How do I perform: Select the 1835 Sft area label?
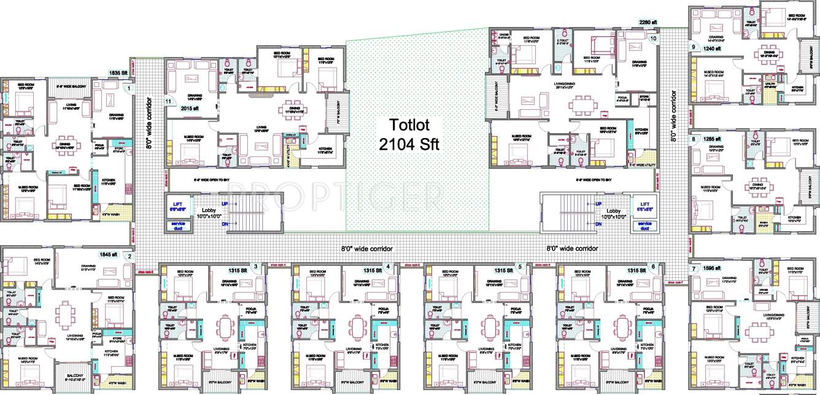(x=118, y=73)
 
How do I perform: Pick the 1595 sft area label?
(x=714, y=269)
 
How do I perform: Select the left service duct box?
(x=179, y=226)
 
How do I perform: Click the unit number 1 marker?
(x=129, y=89)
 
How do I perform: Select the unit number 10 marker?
(x=652, y=38)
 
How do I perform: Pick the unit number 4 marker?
(x=387, y=266)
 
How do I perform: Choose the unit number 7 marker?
(x=694, y=269)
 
